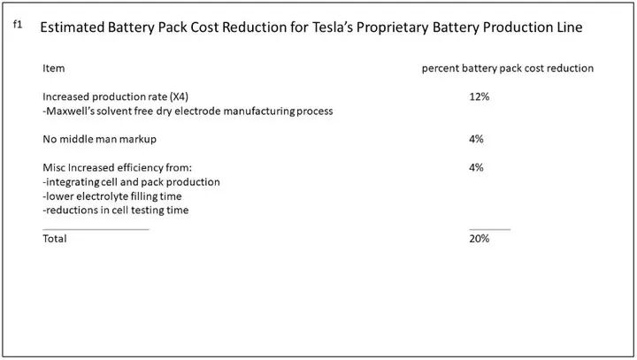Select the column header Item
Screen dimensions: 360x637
[x=53, y=68]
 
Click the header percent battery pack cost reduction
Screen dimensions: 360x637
[x=508, y=68]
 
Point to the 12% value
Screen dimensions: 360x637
[x=479, y=96]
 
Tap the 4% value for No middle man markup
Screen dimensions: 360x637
[x=476, y=139]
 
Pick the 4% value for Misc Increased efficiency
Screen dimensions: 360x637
[x=476, y=167]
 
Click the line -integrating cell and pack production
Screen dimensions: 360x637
[x=131, y=181]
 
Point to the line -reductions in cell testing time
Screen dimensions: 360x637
[x=115, y=210]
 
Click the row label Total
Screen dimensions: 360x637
[x=54, y=238]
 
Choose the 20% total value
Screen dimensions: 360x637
[x=479, y=238]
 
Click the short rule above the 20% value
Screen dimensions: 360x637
[x=489, y=229]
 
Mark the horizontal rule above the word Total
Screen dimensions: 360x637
[x=96, y=229]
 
